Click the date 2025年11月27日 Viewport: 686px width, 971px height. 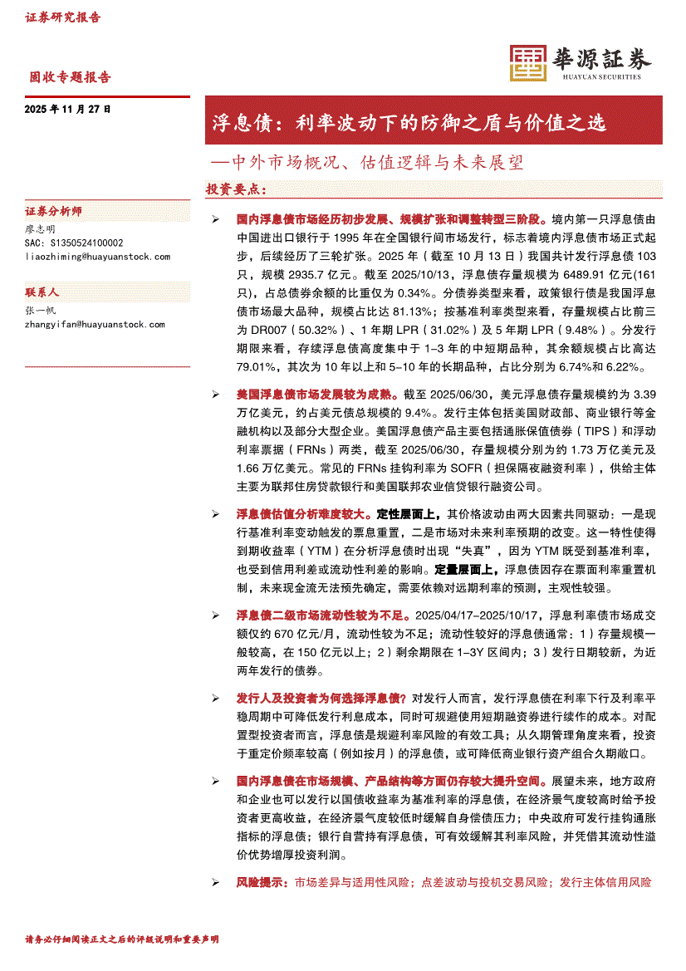pos(68,109)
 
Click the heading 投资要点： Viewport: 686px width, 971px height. pos(236,189)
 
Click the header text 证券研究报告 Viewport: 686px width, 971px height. pos(63,17)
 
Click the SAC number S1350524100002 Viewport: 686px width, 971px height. pos(74,243)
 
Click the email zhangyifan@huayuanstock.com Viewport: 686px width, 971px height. pos(96,325)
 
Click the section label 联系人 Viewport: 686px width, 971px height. pos(42,292)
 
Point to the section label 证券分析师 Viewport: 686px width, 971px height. pos(54,211)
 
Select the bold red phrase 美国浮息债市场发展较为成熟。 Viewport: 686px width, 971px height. pos(318,395)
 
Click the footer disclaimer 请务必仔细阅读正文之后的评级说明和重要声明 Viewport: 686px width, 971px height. pos(122,939)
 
